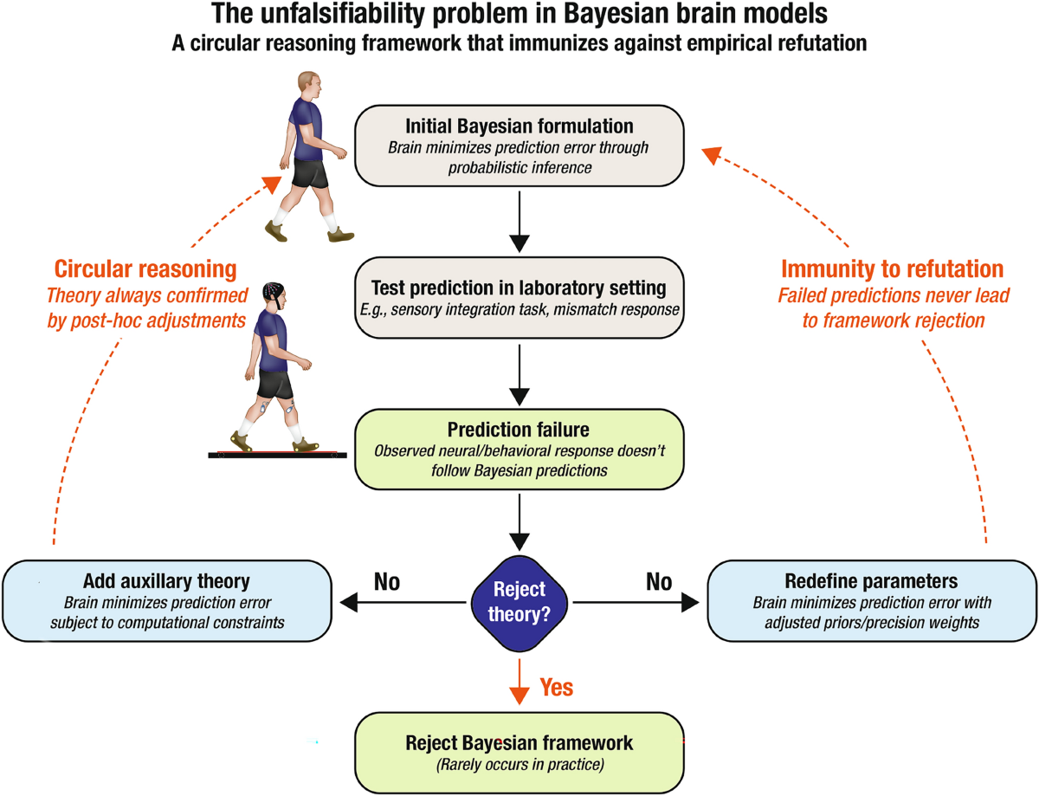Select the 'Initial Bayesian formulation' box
click(519, 145)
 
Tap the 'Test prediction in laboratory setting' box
click(519, 296)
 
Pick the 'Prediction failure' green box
click(519, 450)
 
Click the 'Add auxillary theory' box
click(167, 599)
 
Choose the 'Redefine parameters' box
click(871, 599)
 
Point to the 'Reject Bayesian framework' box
click(519, 751)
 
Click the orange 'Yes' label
click(557, 688)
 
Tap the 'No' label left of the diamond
click(386, 582)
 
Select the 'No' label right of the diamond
click(659, 582)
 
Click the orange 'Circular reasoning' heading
click(145, 269)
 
